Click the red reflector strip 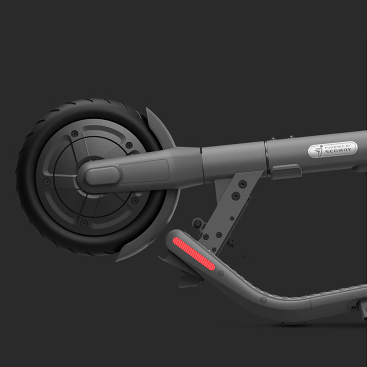tap(194, 254)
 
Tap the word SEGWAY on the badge tap(338, 150)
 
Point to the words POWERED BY tap(338, 147)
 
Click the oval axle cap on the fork tap(102, 176)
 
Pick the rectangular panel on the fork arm tap(145, 171)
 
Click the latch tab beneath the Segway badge tap(286, 171)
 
